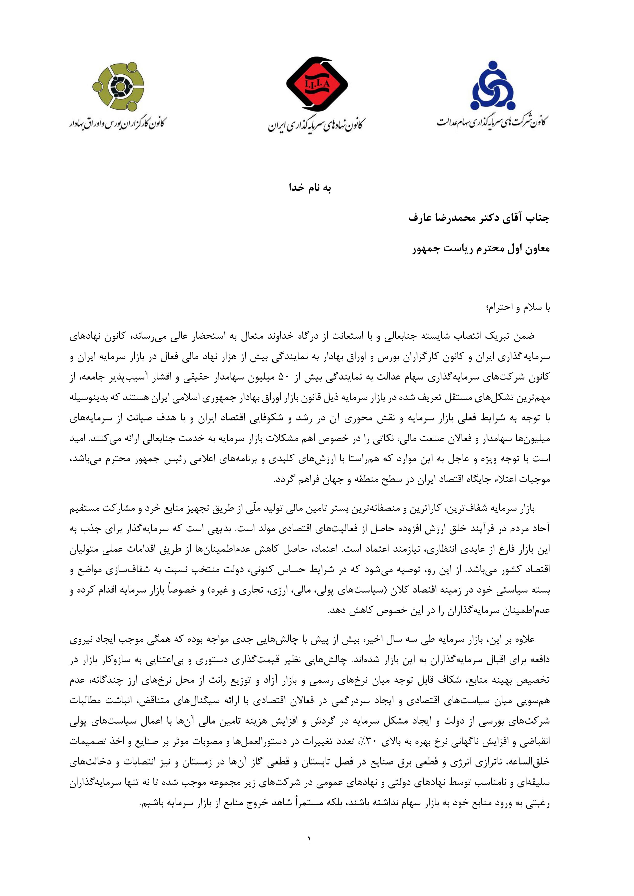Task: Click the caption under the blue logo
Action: [492, 121]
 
